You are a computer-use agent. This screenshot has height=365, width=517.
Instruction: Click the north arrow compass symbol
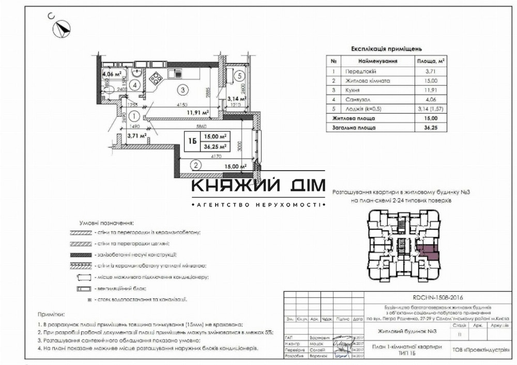coord(63,27)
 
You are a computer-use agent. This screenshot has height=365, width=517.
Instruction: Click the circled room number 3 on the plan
coord(182,89)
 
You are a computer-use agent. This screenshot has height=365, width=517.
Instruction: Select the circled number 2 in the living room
coord(195,166)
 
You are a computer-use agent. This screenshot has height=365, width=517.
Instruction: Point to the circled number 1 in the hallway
coord(134,116)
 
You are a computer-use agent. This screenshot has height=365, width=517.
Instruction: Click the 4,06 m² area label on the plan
coord(111,74)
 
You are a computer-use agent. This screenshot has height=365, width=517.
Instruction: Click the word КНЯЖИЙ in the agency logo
coord(230,186)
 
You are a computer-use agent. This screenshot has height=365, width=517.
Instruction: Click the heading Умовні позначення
coord(106,223)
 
